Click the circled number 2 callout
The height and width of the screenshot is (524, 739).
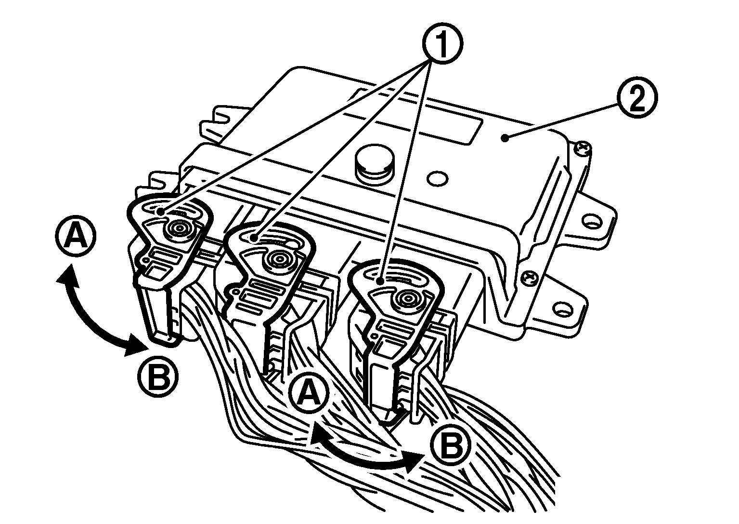[x=637, y=97]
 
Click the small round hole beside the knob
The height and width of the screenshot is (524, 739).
[x=438, y=179]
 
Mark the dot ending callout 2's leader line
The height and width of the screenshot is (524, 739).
[x=505, y=138]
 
